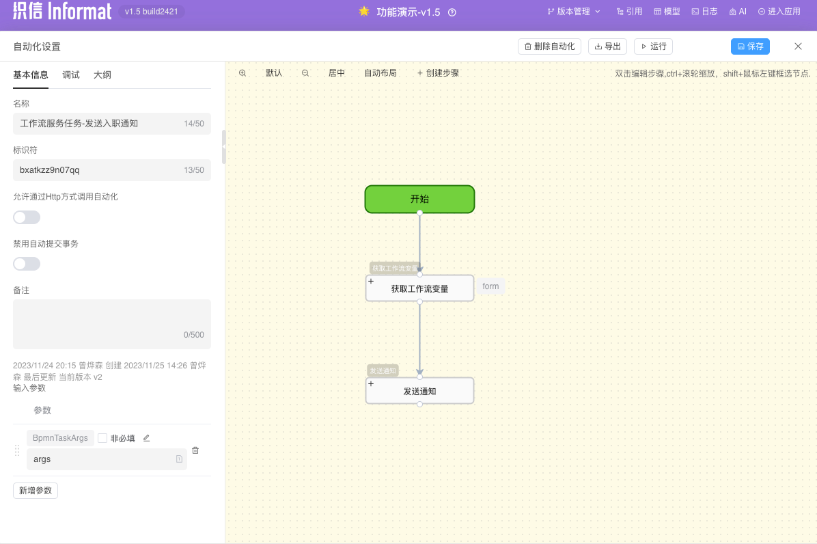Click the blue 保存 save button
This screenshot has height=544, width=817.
click(750, 46)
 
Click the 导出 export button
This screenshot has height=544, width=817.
click(607, 46)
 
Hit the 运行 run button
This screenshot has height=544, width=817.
click(653, 46)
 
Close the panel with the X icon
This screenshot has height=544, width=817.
click(798, 46)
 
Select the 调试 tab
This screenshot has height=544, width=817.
click(71, 75)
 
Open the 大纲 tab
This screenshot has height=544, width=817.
click(102, 75)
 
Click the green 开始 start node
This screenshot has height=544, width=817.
click(419, 200)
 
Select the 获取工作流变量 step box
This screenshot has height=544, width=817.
click(419, 288)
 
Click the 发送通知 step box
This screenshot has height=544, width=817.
click(419, 391)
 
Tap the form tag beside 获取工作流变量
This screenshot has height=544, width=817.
click(490, 286)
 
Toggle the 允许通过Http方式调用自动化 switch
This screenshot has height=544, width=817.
click(27, 217)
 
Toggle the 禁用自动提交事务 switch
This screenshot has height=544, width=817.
click(27, 264)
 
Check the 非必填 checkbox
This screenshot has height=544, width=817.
click(102, 438)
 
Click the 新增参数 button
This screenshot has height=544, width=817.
click(36, 491)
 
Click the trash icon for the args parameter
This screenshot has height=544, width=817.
click(195, 450)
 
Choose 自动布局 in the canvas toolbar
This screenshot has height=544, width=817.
click(380, 73)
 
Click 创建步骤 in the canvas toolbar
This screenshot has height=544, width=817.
click(438, 73)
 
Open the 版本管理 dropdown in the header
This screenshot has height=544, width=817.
click(574, 12)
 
